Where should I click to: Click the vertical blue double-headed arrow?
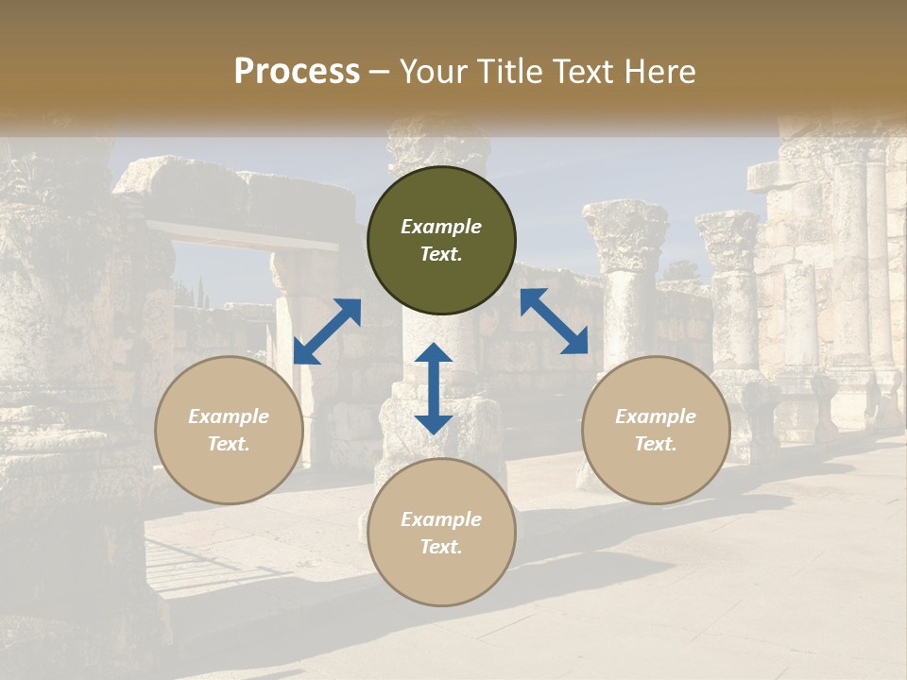click(434, 388)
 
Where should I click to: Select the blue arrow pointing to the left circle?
click(327, 331)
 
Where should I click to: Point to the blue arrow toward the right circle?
click(554, 321)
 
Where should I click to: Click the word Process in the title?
click(297, 71)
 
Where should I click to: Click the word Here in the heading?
click(660, 71)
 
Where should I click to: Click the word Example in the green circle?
click(441, 227)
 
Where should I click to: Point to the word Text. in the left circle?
click(229, 444)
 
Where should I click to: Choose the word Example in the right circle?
click(656, 416)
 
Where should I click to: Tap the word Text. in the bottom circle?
click(441, 547)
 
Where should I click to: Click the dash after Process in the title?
click(380, 72)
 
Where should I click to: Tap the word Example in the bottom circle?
click(441, 519)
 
